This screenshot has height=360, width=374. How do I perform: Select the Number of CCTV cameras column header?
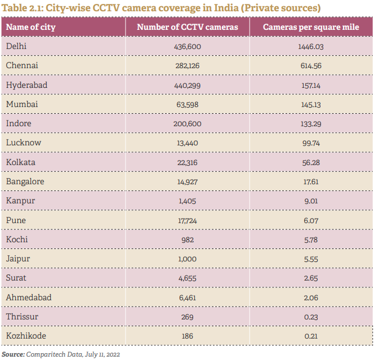point(188,27)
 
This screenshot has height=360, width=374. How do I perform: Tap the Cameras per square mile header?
point(311,27)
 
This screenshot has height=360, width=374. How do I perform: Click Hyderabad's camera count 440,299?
point(188,85)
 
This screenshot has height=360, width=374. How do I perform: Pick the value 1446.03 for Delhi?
point(311,46)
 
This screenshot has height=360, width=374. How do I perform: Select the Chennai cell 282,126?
point(188,66)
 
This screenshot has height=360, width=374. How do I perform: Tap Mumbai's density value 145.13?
point(311,104)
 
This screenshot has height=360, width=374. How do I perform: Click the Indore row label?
point(18,123)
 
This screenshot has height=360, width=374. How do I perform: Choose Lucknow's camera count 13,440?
point(188,143)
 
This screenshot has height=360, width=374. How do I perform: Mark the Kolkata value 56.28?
point(311,162)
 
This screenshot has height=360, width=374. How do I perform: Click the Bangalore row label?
point(25,181)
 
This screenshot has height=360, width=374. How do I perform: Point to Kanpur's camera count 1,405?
point(188,201)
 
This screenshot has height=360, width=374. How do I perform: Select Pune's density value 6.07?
point(311,220)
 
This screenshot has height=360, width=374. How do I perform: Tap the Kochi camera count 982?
point(188,239)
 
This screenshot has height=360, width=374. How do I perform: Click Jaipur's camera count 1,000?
point(188,259)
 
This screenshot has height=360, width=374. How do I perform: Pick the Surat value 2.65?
point(311,278)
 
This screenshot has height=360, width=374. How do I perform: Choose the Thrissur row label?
point(22,317)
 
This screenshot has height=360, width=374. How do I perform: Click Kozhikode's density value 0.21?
point(311,336)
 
